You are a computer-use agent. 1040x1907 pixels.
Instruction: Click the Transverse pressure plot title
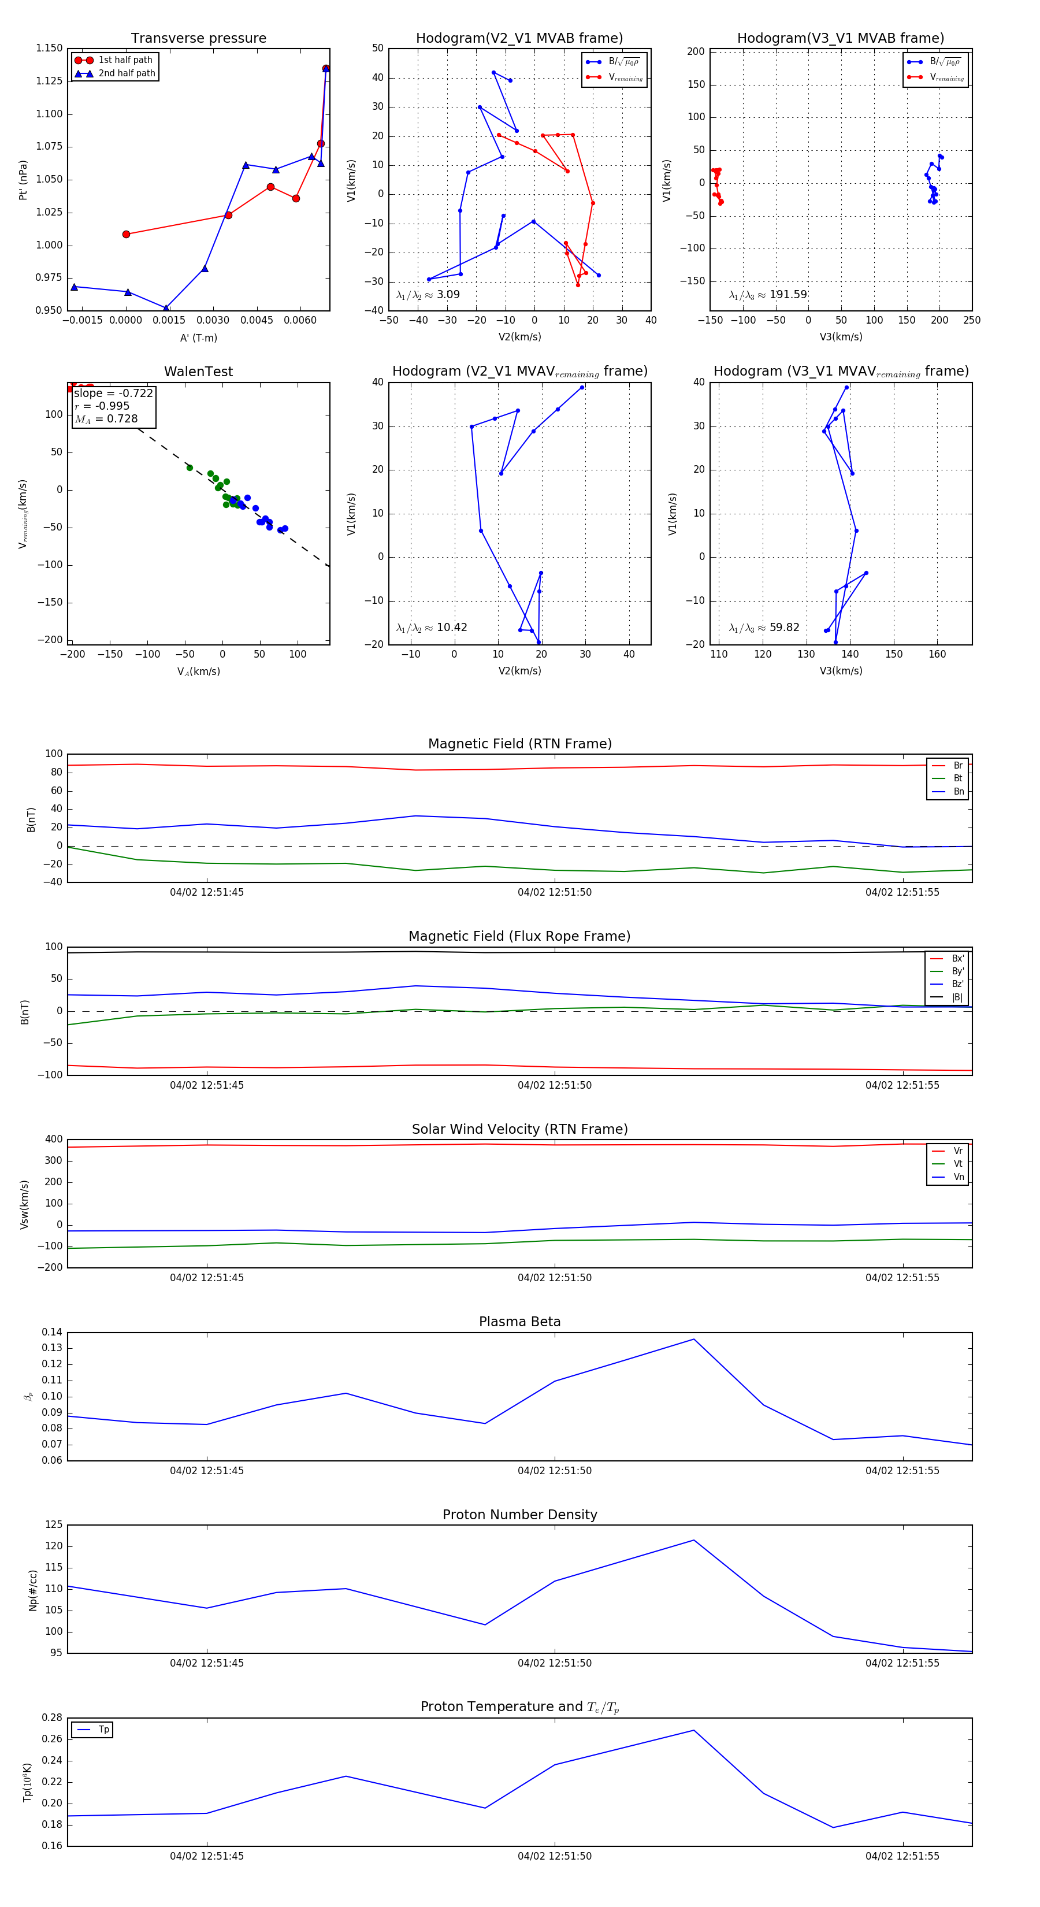(198, 39)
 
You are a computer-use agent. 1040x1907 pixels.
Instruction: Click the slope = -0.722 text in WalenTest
(113, 393)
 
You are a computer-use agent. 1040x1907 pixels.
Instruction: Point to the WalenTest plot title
(198, 372)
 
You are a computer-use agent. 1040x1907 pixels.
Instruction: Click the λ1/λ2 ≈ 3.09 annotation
(428, 295)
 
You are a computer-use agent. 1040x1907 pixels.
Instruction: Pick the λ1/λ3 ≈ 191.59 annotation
(768, 295)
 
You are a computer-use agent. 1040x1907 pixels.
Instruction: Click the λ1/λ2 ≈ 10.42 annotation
(432, 628)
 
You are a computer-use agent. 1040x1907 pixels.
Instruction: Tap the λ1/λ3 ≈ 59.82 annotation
(764, 628)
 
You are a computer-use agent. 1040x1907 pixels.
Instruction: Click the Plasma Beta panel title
(519, 1322)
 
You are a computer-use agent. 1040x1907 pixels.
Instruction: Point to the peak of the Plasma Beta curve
(693, 1339)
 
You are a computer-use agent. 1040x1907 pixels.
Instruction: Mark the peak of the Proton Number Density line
(693, 1541)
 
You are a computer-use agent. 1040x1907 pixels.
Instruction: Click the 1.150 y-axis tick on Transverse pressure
(50, 48)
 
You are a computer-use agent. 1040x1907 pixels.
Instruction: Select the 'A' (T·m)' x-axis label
(198, 337)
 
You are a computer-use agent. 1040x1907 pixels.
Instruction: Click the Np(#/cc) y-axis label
(32, 1589)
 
